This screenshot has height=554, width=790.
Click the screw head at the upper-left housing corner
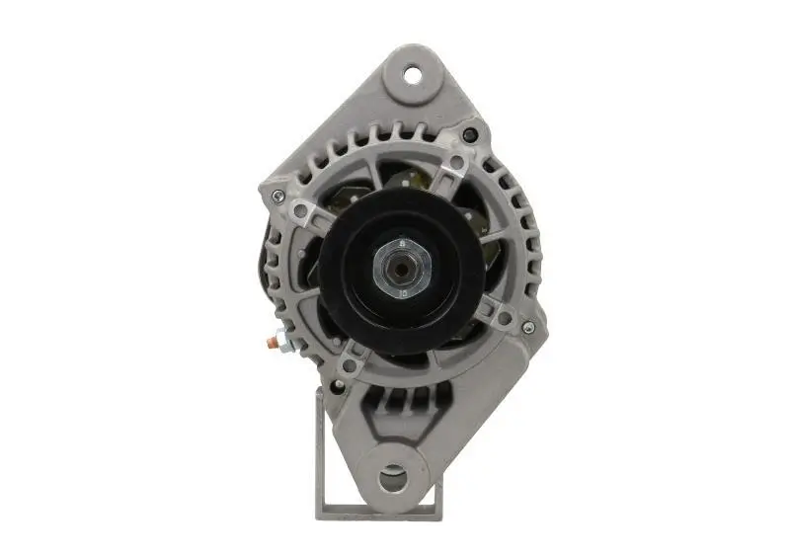[x=278, y=196]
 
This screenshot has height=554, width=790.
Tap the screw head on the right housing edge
[x=528, y=327]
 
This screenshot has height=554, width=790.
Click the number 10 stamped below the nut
[x=403, y=292]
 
